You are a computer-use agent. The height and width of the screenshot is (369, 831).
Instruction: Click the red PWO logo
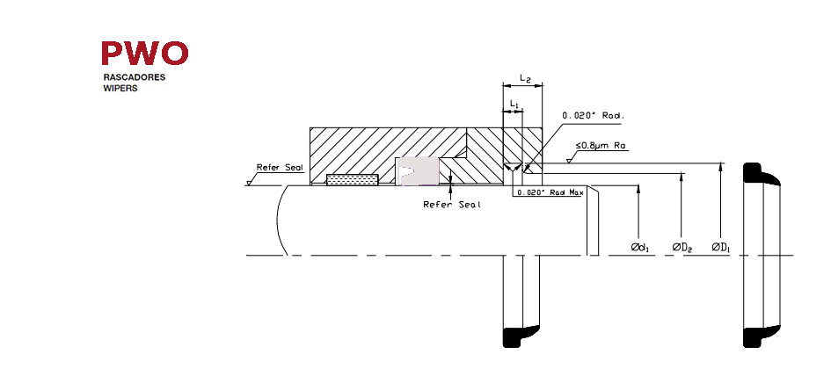pyautogui.click(x=145, y=53)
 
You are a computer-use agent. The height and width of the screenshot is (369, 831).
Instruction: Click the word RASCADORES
pyautogui.click(x=134, y=77)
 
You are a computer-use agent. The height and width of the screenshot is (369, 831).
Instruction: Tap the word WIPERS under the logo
pyautogui.click(x=120, y=89)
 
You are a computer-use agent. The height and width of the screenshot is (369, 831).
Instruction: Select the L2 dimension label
pyautogui.click(x=526, y=78)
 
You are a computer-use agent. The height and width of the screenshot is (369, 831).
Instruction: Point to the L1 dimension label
pyautogui.click(x=514, y=105)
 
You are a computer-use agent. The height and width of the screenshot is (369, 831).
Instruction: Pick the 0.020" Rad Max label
pyautogui.click(x=550, y=192)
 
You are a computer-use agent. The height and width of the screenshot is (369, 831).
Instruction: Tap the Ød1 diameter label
pyautogui.click(x=641, y=247)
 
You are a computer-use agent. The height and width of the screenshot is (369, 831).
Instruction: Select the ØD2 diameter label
pyautogui.click(x=682, y=247)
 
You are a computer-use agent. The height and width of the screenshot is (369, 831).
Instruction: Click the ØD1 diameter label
pyautogui.click(x=721, y=247)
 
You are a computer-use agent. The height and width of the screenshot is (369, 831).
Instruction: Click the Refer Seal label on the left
pyautogui.click(x=280, y=167)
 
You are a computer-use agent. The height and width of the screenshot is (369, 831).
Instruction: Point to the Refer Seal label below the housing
pyautogui.click(x=452, y=205)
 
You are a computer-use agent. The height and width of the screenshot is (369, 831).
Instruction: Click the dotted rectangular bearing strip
pyautogui.click(x=353, y=179)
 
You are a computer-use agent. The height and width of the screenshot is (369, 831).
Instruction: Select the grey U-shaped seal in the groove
pyautogui.click(x=418, y=171)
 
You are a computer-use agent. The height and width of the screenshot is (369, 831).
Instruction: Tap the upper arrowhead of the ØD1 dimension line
pyautogui.click(x=721, y=166)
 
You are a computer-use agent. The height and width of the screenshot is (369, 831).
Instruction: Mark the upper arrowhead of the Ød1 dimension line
pyautogui.click(x=639, y=189)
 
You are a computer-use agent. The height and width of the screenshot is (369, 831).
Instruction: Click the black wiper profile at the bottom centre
pyautogui.click(x=521, y=336)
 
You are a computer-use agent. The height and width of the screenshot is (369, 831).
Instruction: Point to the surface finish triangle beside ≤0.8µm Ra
pyautogui.click(x=570, y=159)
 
